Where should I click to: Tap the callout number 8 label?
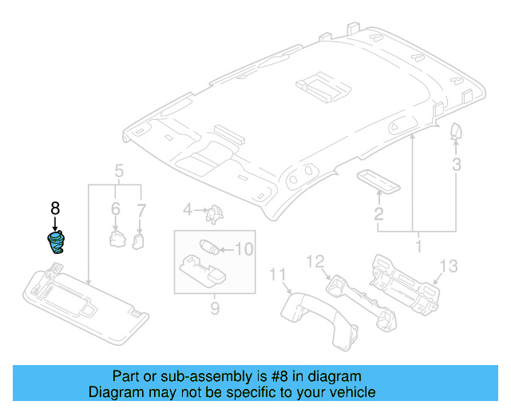click(55, 208)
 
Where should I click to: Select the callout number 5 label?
click(118, 171)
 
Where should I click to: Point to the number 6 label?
click(115, 210)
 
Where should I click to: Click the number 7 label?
click(141, 210)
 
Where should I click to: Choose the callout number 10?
click(244, 249)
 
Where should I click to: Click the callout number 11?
click(278, 276)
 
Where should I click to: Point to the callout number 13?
click(450, 265)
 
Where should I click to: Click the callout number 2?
click(378, 214)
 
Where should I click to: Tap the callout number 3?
click(456, 165)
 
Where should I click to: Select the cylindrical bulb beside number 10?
click(209, 245)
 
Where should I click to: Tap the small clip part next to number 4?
click(213, 212)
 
